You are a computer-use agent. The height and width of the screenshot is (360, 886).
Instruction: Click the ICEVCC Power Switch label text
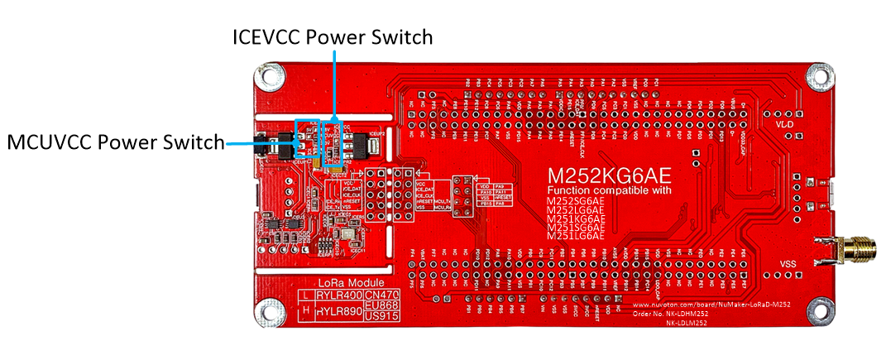click(333, 37)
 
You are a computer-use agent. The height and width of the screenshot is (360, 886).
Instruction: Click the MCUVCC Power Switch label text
click(116, 142)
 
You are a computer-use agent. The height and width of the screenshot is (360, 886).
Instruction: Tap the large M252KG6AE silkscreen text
click(609, 176)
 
